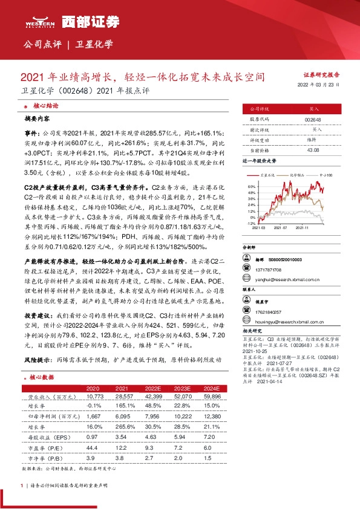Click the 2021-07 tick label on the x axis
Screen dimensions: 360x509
[280, 229]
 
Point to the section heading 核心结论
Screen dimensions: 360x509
[42, 105]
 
